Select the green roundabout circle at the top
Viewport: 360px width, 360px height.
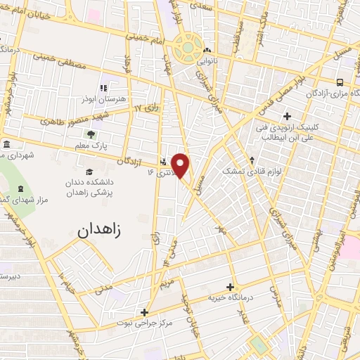(x=188, y=48)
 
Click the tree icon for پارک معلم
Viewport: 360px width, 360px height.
(x=90, y=134)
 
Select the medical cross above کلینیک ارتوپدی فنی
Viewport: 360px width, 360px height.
(x=287, y=116)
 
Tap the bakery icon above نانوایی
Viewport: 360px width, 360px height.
(x=207, y=51)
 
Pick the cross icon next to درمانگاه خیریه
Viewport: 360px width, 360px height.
(x=230, y=287)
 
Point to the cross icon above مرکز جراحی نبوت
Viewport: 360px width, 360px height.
(x=144, y=312)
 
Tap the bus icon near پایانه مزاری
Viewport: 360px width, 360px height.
(x=340, y=82)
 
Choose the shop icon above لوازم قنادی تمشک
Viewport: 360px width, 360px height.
(x=252, y=160)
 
